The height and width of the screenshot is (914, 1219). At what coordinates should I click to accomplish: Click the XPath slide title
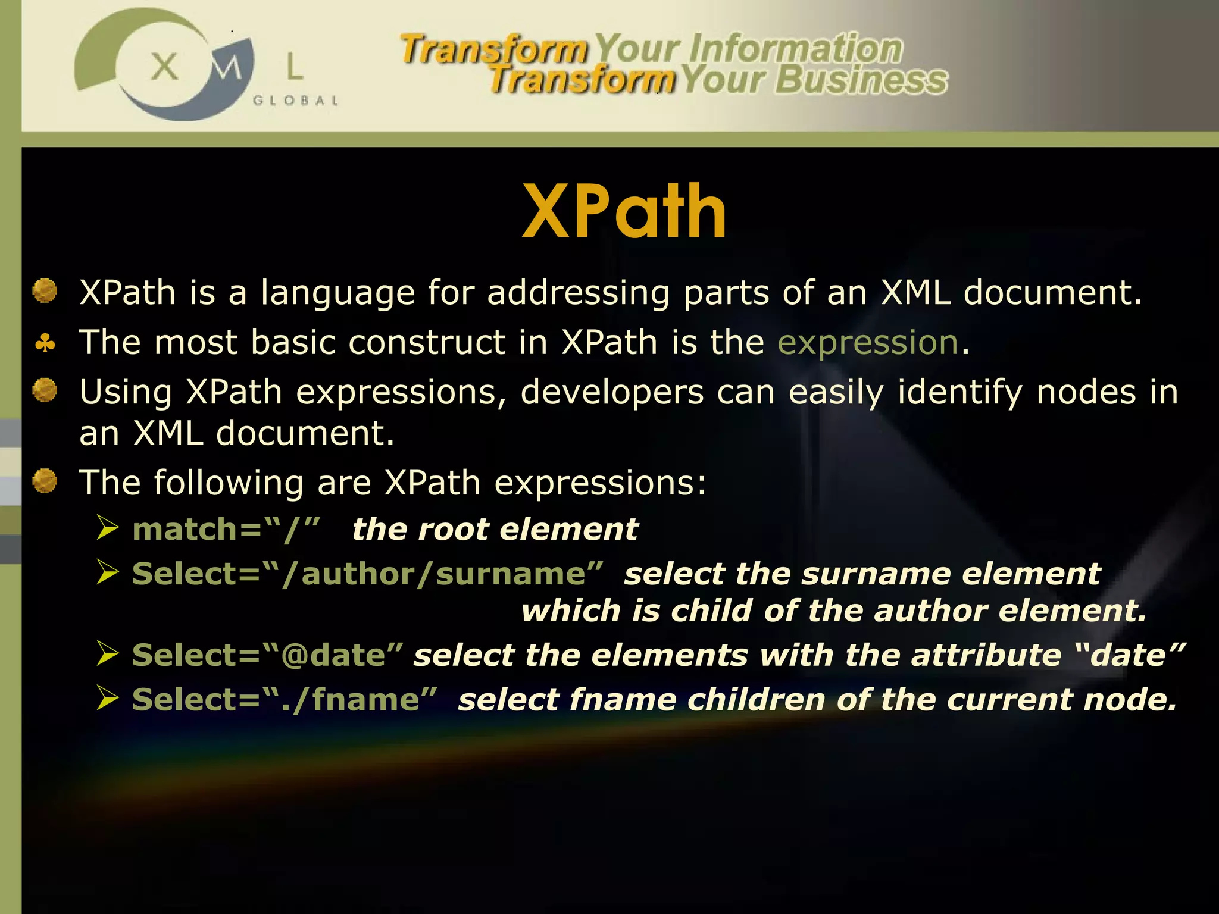pos(624,211)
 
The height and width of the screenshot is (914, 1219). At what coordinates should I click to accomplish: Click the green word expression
pos(868,343)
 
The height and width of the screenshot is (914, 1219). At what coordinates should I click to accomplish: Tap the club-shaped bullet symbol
pos(45,343)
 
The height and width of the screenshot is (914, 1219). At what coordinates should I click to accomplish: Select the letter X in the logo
pos(164,66)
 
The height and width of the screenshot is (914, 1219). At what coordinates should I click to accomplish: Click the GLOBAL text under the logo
pos(296,101)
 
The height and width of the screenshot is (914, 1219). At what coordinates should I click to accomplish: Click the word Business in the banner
pos(861,80)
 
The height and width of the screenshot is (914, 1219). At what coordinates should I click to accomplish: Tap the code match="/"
pos(226,529)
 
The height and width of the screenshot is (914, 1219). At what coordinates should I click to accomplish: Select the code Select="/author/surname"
pos(367,574)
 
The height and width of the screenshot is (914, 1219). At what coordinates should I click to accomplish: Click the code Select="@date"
pos(267,655)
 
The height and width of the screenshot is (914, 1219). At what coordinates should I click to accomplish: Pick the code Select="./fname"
pos(285,700)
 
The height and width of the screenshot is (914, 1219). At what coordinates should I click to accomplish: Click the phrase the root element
pos(495,529)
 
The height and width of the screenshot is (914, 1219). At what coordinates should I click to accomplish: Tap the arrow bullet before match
pos(108,528)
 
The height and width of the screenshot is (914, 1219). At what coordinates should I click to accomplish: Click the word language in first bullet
pos(337,293)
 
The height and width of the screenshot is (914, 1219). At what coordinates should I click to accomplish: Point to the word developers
pos(612,393)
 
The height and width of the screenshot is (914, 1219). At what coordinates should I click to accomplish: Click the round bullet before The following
pos(45,481)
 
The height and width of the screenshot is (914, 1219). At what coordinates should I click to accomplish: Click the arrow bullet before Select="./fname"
pos(108,698)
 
